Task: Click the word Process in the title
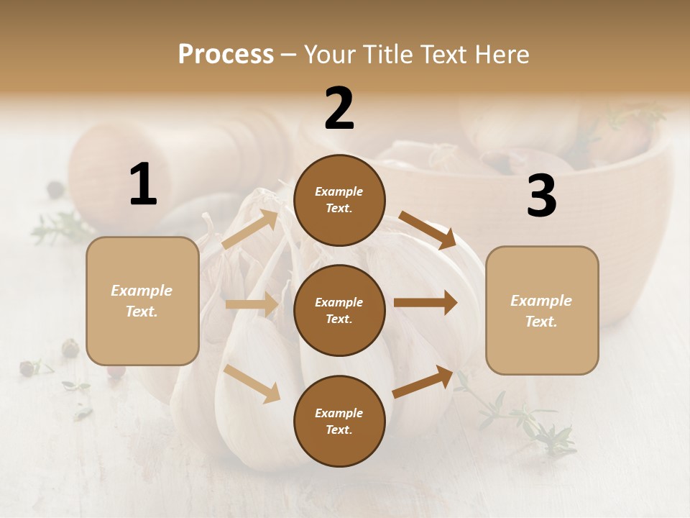(x=226, y=54)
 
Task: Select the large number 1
(x=143, y=185)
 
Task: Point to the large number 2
(x=339, y=109)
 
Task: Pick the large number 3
(x=541, y=196)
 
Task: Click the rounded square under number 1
(x=142, y=301)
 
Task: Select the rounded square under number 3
(x=542, y=311)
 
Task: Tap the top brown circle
(x=339, y=200)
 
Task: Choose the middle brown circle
(x=339, y=310)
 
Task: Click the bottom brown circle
(x=339, y=421)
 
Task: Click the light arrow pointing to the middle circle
(x=252, y=304)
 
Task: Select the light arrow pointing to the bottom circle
(x=252, y=383)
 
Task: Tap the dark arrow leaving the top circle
(x=428, y=230)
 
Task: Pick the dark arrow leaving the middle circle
(x=425, y=303)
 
